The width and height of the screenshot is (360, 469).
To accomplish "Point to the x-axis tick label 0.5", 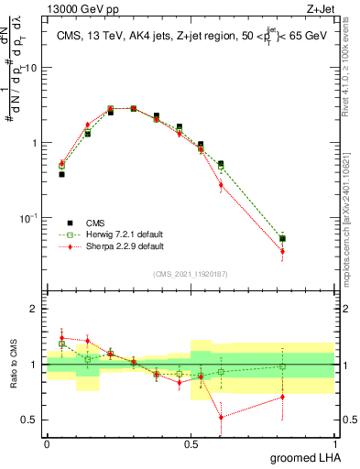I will (x=191, y=442).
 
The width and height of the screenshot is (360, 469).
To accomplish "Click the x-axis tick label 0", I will (x=47, y=442).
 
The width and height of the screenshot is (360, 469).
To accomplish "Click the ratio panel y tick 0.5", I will (x=29, y=420).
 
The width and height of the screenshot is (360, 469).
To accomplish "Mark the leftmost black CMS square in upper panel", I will (x=61, y=173).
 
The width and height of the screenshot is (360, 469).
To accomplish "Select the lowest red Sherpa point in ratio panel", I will (x=220, y=417).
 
